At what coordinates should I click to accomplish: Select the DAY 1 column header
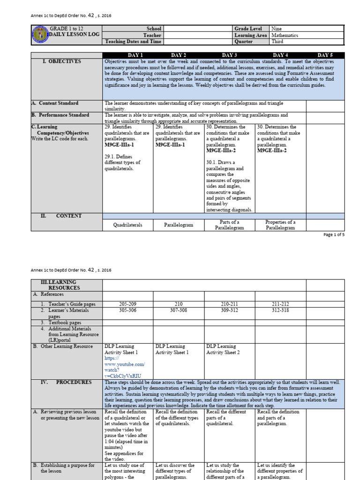(x=128, y=55)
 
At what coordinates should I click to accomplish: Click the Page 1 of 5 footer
(x=334, y=235)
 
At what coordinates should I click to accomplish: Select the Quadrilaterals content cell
(x=128, y=225)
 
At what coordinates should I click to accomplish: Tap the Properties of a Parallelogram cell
(x=280, y=225)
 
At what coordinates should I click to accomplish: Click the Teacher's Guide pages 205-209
(x=128, y=304)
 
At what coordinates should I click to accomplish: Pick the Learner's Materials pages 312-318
(x=280, y=310)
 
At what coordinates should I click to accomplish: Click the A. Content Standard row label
(x=55, y=103)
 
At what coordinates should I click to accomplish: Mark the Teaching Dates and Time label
(x=133, y=42)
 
